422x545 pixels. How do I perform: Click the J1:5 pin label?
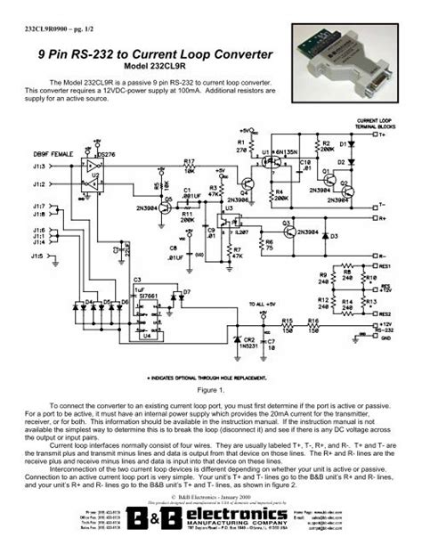coord(36,256)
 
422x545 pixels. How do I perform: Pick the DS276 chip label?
coord(107,154)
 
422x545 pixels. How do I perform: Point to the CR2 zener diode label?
coord(248,339)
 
